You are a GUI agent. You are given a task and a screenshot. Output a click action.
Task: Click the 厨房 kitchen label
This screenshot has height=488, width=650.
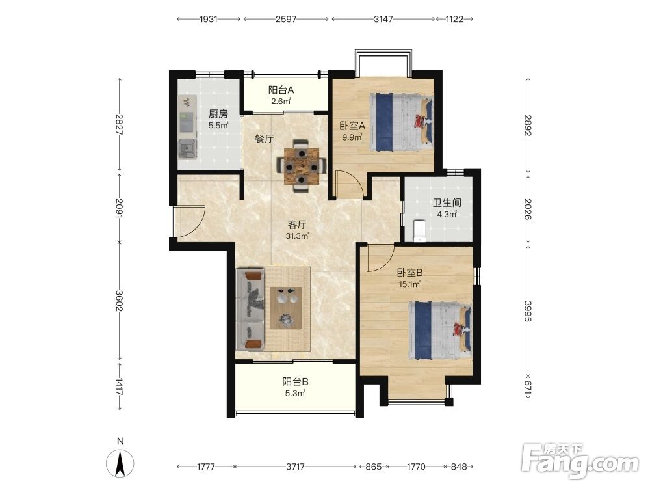(x=218, y=114)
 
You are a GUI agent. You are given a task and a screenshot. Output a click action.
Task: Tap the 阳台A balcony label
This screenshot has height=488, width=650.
(x=281, y=90)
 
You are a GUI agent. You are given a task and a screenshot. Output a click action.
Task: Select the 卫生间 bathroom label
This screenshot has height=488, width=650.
(x=447, y=203)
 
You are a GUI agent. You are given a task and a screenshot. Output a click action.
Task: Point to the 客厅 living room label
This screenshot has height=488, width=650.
(x=297, y=225)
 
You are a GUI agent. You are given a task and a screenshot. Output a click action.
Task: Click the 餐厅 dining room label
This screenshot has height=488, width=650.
(x=265, y=139)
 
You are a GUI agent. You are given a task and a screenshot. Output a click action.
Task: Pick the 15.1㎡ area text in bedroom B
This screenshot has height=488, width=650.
(x=409, y=284)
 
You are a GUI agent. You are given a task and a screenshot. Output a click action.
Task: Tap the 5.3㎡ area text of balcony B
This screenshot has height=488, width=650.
(x=295, y=393)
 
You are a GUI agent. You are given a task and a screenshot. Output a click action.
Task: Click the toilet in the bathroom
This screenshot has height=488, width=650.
(x=420, y=230)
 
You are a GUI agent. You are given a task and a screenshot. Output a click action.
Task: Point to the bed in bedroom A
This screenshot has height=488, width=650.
(x=401, y=122)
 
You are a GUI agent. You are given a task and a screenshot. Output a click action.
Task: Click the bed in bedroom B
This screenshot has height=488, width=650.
(x=440, y=331)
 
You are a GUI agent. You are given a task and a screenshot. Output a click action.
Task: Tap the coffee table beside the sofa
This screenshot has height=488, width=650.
(x=286, y=308)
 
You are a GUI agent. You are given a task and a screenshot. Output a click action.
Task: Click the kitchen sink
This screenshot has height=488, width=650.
(x=187, y=150)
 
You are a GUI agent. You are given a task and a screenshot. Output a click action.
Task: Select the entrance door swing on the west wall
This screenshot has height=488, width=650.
(x=189, y=221)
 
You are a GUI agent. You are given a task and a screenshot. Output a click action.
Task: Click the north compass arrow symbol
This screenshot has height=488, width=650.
(x=120, y=463)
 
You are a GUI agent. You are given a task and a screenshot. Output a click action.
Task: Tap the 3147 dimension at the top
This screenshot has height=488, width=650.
(x=383, y=19)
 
